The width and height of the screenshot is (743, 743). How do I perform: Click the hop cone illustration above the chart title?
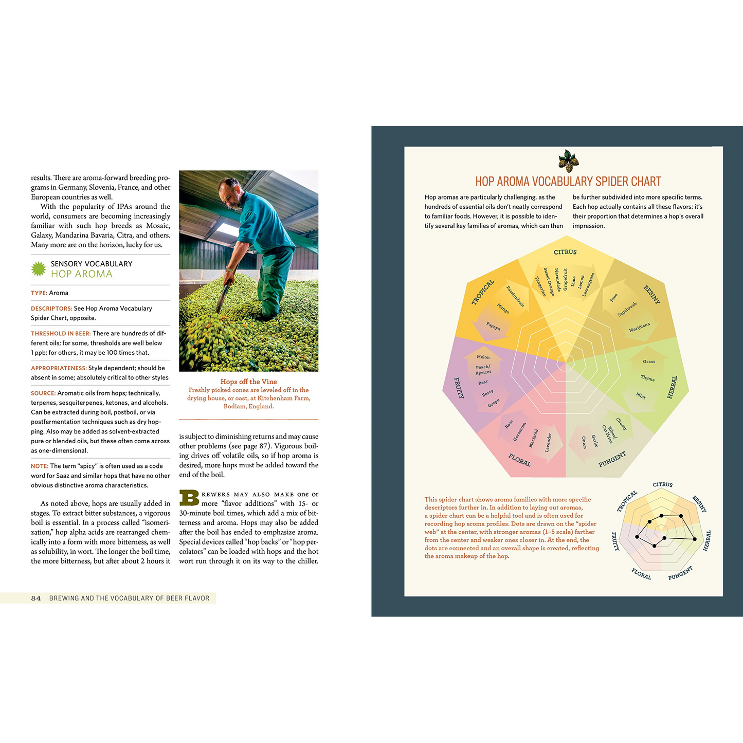click(568, 161)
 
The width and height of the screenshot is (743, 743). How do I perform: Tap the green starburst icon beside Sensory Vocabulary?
click(39, 269)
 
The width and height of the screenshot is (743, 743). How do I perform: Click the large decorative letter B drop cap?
click(189, 498)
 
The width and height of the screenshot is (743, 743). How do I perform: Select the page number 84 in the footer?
click(36, 598)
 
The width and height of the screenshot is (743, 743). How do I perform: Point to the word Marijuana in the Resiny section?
click(639, 327)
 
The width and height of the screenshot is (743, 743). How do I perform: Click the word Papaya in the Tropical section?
click(493, 326)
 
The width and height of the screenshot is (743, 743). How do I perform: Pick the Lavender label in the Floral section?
click(549, 442)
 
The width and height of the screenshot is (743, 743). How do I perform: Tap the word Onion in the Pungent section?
click(584, 442)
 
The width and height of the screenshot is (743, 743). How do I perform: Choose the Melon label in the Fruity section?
click(483, 357)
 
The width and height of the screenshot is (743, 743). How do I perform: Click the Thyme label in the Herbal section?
click(647, 378)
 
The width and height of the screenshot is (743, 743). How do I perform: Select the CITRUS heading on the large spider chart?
click(565, 252)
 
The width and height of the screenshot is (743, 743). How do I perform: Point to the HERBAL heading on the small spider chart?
click(707, 541)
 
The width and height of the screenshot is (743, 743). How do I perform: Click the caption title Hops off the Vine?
click(248, 382)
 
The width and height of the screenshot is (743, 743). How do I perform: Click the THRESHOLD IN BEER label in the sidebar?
click(61, 334)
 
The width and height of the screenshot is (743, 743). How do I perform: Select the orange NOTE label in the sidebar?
click(39, 466)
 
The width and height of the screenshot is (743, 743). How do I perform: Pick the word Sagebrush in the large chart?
click(627, 309)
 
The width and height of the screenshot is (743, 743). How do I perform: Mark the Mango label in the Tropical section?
click(503, 308)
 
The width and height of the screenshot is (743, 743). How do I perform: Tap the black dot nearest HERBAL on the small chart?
click(695, 539)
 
